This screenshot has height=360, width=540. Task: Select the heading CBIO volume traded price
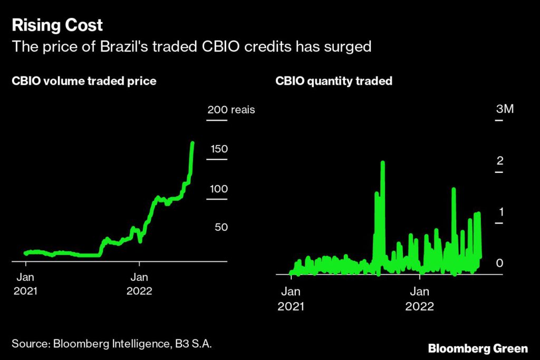[x=84, y=82]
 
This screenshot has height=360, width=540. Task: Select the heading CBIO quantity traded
[x=334, y=82]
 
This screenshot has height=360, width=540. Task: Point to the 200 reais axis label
[x=231, y=110]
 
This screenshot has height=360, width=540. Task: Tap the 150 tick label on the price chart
[x=219, y=149]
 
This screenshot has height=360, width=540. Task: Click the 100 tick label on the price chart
[x=219, y=189]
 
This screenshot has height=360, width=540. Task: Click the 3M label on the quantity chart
[x=505, y=109]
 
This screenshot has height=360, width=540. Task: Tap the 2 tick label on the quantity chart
[x=500, y=160]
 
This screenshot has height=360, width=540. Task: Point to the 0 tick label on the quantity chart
[x=500, y=262]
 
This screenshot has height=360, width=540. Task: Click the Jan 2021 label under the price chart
[x=25, y=284]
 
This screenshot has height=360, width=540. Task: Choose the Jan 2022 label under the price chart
[x=139, y=284]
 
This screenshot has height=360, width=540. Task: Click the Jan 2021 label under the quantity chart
[x=291, y=299]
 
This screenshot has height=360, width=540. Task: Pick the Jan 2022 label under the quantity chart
[x=420, y=299]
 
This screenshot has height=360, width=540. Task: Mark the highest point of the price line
[x=192, y=143]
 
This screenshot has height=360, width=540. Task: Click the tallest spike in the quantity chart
[x=382, y=163]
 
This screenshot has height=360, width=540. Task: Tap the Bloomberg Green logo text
[x=478, y=348]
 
